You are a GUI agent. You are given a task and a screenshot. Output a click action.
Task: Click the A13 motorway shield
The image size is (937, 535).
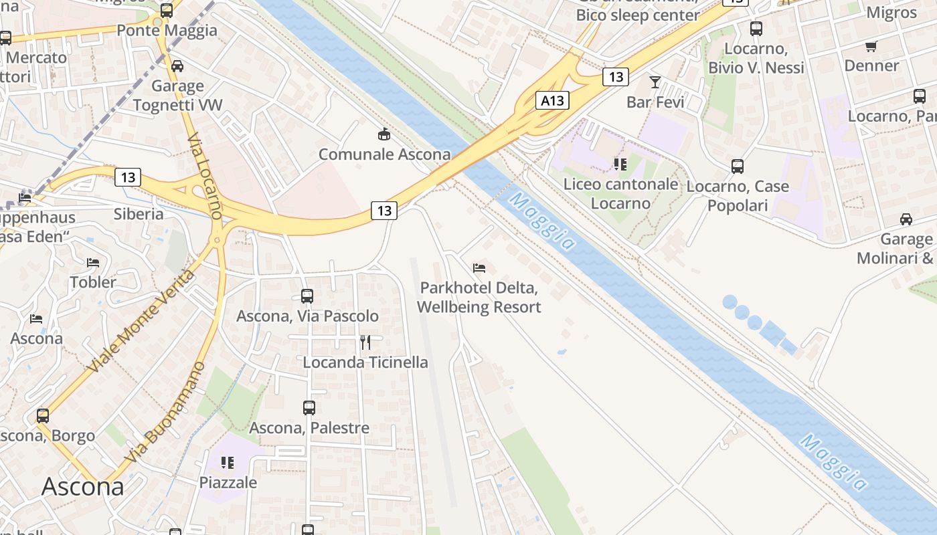click(x=552, y=100)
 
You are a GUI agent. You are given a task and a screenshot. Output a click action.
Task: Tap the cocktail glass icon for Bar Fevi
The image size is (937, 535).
click(x=655, y=82)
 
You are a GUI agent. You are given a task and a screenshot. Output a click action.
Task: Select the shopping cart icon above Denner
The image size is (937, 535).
click(x=871, y=46)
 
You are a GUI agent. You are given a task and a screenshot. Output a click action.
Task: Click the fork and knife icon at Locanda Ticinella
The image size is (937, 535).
click(x=365, y=342)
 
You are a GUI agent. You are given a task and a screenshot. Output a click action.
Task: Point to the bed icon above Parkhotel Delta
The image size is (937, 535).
click(x=479, y=268)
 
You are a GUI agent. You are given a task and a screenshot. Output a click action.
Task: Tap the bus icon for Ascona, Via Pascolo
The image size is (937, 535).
click(x=307, y=296)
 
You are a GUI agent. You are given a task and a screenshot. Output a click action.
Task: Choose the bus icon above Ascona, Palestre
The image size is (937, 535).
click(x=309, y=407)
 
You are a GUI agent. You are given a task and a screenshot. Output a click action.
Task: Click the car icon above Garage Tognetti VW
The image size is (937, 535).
click(x=177, y=66)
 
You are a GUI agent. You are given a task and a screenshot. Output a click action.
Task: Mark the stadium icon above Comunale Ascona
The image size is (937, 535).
click(x=384, y=135)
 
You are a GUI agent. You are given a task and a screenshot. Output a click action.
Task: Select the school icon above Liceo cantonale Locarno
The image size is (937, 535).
click(x=620, y=164)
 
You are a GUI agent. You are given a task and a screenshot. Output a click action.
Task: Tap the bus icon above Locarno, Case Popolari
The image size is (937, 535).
click(x=737, y=166)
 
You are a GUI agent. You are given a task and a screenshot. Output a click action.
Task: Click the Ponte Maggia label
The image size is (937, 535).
click(x=167, y=30)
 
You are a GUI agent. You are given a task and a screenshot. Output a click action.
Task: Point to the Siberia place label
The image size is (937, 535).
click(x=139, y=214)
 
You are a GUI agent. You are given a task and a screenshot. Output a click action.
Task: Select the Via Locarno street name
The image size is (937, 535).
click(x=204, y=177)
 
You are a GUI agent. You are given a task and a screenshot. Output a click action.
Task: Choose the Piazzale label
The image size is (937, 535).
click(x=228, y=482)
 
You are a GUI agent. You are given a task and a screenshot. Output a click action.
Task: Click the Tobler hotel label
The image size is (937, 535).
click(x=93, y=282)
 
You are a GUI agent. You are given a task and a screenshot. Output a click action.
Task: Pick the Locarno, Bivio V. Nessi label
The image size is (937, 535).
click(x=756, y=58)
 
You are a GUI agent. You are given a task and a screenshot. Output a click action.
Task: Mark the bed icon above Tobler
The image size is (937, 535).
click(x=93, y=262)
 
